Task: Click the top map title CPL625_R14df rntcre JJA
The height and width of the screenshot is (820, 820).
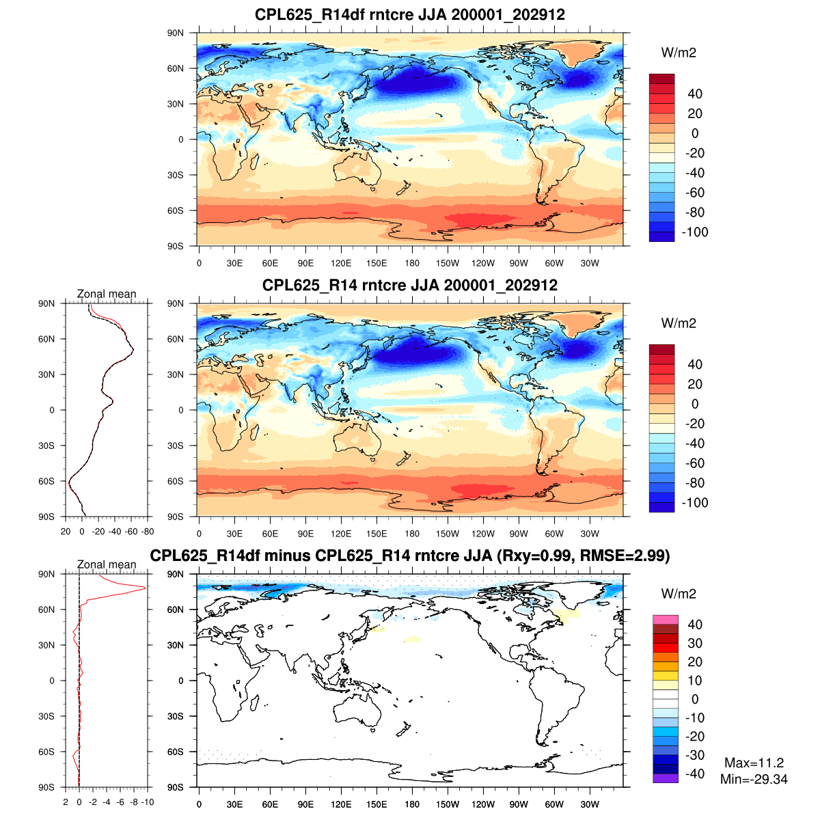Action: [x=410, y=14]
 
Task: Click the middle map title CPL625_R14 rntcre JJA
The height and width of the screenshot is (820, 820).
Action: [x=410, y=285]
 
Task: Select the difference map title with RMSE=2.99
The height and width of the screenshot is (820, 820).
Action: [x=410, y=556]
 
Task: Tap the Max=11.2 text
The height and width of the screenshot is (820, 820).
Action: [x=754, y=763]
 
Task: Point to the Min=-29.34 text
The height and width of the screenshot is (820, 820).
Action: [x=754, y=779]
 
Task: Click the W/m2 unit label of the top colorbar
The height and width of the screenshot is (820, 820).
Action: [x=679, y=53]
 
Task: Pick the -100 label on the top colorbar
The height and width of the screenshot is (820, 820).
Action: [x=696, y=232]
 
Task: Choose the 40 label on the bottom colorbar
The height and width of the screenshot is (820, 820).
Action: [x=695, y=625]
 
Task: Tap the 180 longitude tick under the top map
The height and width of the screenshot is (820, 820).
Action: [x=412, y=263]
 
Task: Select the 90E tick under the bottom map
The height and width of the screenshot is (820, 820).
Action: [x=305, y=804]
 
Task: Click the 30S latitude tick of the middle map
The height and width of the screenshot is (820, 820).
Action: [x=176, y=446]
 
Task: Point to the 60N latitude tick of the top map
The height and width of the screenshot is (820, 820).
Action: [x=176, y=68]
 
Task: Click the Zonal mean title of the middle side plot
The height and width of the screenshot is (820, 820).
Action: [x=107, y=294]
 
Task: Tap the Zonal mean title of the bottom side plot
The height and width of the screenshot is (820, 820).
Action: [x=107, y=564]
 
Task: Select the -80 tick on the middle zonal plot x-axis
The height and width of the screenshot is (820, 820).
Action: [x=147, y=532]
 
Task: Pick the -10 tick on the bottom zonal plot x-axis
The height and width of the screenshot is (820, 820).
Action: [x=147, y=802]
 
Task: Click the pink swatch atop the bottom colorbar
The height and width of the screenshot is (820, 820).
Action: [x=665, y=620]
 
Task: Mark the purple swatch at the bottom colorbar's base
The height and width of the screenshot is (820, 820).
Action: [x=665, y=778]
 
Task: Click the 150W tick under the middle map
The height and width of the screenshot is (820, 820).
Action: [x=448, y=534]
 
